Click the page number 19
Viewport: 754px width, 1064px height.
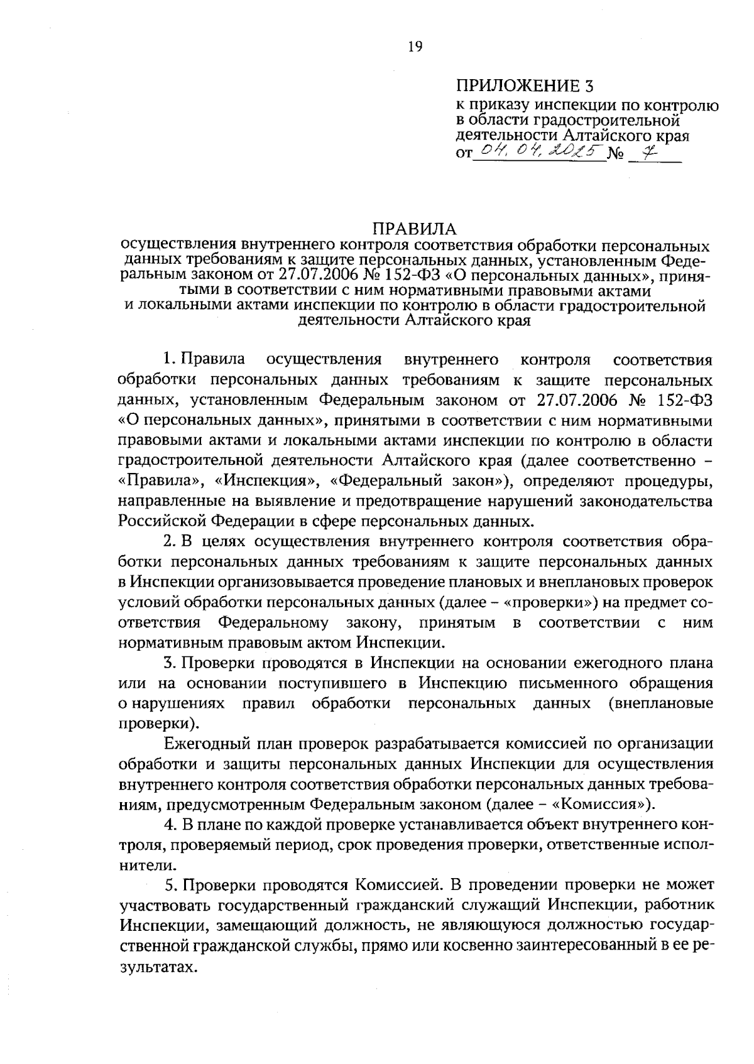415,46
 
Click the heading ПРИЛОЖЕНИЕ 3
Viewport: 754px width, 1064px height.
524,85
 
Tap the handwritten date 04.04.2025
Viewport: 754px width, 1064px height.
539,151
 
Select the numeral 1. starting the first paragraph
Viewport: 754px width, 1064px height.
168,360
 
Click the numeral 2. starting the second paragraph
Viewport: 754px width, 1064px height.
168,541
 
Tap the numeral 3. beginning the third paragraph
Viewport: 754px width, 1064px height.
168,663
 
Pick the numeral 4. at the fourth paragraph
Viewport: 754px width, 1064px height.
168,823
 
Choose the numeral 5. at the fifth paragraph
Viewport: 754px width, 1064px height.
168,885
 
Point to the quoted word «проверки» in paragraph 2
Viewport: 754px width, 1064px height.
549,602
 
